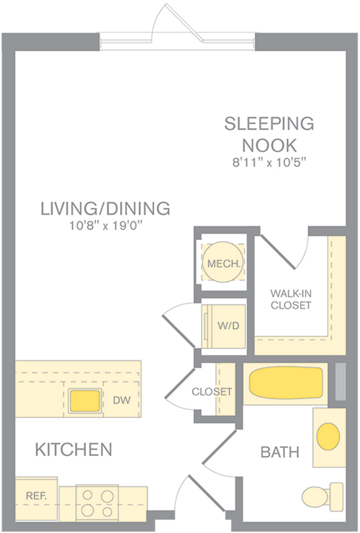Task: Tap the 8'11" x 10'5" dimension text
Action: tap(269, 162)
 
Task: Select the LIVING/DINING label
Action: tap(105, 208)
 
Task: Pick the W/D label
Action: tap(227, 326)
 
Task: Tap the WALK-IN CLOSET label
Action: tap(291, 299)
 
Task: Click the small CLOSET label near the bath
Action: tap(212, 392)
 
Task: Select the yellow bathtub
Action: tap(285, 383)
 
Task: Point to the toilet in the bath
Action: tap(322, 494)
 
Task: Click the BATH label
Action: tap(280, 453)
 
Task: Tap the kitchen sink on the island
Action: tap(85, 400)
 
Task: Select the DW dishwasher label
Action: tap(121, 400)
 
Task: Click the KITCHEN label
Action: tap(73, 450)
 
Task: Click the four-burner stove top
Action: tap(94, 503)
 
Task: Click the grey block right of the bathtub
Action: tap(340, 381)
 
